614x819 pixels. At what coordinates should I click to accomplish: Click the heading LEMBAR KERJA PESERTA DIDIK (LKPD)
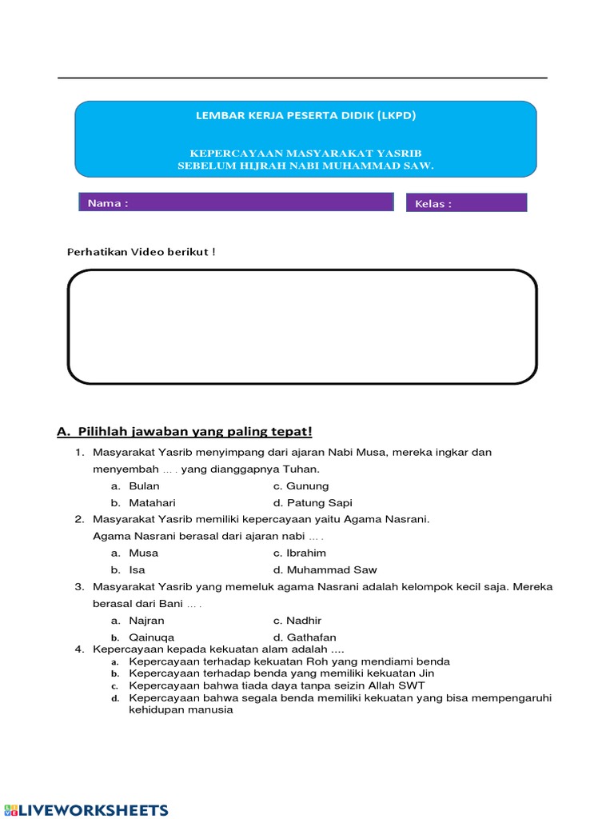click(305, 115)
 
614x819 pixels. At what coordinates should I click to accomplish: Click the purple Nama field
click(237, 202)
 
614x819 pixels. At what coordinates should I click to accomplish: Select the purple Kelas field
click(467, 203)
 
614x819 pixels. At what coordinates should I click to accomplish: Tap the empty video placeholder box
click(302, 326)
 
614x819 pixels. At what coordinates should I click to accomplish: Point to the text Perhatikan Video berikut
click(141, 252)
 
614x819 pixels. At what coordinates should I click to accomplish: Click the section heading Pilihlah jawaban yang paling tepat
click(185, 432)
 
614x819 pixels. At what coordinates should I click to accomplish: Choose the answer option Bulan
click(144, 486)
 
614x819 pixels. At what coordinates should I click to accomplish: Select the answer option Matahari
click(151, 503)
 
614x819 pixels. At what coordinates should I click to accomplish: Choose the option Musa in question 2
click(143, 553)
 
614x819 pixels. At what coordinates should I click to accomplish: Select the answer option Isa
click(137, 570)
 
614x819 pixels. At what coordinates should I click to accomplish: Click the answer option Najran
click(146, 621)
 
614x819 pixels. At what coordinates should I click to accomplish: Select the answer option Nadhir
click(305, 621)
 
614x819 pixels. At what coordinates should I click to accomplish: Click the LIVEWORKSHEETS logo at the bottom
click(86, 809)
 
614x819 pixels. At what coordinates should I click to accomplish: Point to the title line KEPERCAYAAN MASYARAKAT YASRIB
click(305, 153)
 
